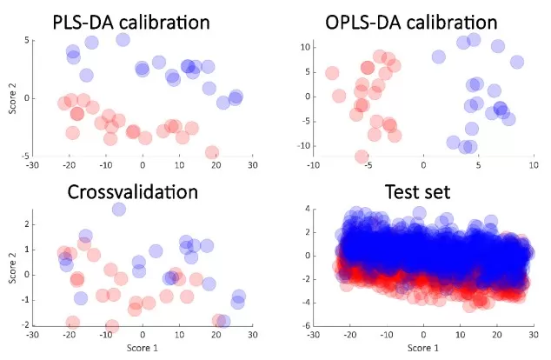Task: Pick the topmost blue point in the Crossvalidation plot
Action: tap(119, 209)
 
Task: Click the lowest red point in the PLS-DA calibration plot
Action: tap(211, 152)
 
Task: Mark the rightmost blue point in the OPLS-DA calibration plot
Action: tap(517, 62)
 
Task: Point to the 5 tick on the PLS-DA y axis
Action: tap(27, 40)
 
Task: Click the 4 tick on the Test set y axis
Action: tap(309, 210)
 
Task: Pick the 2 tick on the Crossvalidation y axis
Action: tap(27, 223)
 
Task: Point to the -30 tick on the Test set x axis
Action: tap(315, 334)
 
